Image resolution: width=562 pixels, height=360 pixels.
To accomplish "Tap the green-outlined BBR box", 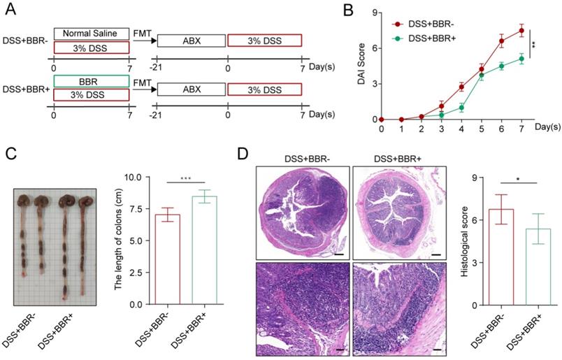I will point(91,82).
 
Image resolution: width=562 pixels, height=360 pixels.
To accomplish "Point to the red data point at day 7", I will point(521,31).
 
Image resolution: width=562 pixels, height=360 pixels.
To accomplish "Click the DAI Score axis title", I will point(356,66).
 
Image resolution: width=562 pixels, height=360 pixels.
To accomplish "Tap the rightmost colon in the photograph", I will point(86,238).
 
